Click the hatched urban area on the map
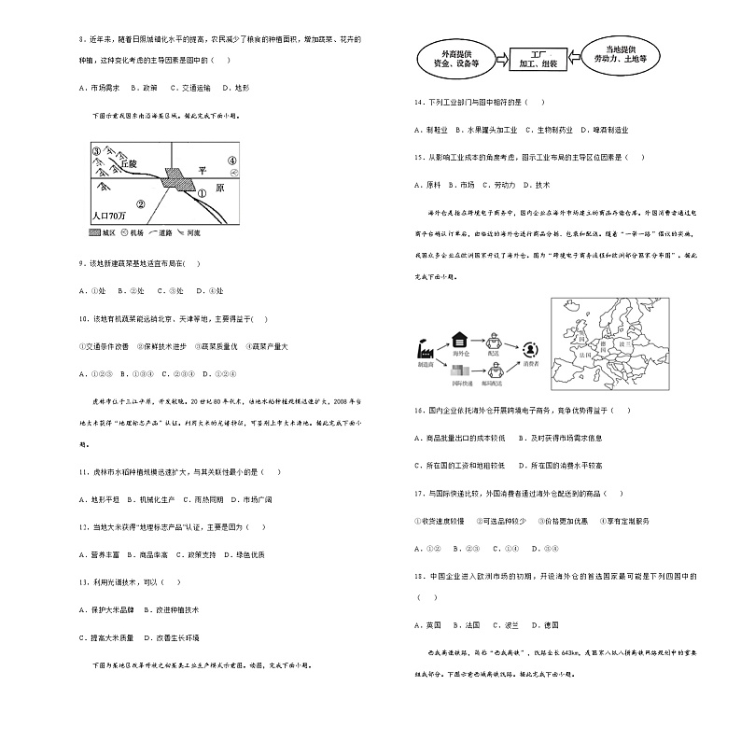[x=176, y=179]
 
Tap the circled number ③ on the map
[x=95, y=150]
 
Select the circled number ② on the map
[x=140, y=203]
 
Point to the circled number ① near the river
[x=200, y=194]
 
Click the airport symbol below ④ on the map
[x=231, y=173]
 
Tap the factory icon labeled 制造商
[x=424, y=349]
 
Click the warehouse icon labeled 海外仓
[x=459, y=340]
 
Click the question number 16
[x=420, y=410]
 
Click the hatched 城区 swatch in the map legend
[x=99, y=230]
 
